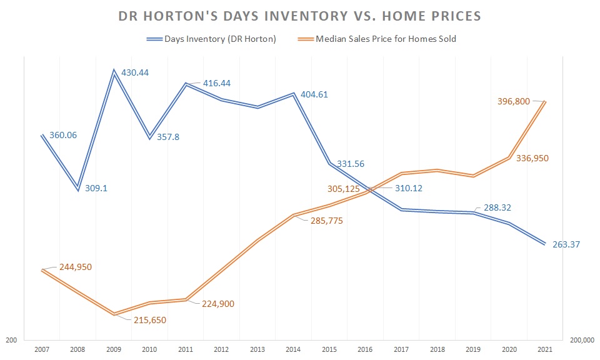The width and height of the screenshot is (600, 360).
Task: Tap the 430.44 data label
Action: (x=135, y=72)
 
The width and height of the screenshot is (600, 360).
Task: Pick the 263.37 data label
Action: (x=566, y=244)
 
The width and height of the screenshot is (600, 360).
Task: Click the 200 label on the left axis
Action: (x=12, y=341)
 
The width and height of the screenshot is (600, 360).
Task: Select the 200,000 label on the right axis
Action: (x=581, y=341)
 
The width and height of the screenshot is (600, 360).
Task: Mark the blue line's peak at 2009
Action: (x=114, y=71)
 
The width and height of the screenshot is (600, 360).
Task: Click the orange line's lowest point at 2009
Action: (x=114, y=314)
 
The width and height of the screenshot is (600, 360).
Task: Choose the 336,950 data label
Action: (x=531, y=159)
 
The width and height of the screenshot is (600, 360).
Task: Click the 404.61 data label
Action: (x=314, y=95)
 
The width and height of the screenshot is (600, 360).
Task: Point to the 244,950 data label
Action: (x=74, y=267)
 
